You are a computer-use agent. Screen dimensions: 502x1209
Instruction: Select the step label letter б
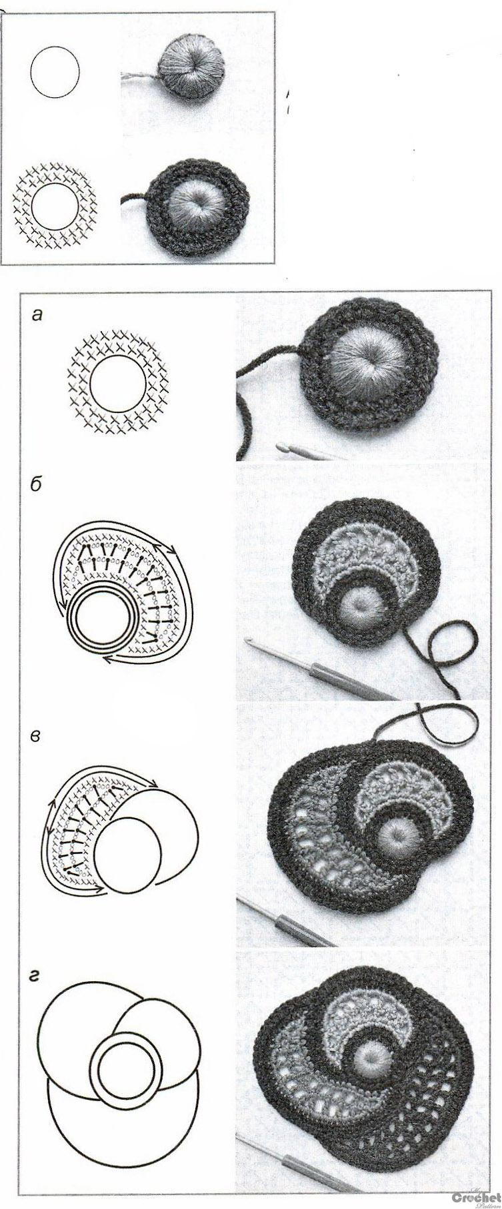[37, 484]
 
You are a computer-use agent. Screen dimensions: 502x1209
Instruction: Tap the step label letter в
[37, 737]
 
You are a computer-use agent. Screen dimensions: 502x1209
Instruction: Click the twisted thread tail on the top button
[139, 77]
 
